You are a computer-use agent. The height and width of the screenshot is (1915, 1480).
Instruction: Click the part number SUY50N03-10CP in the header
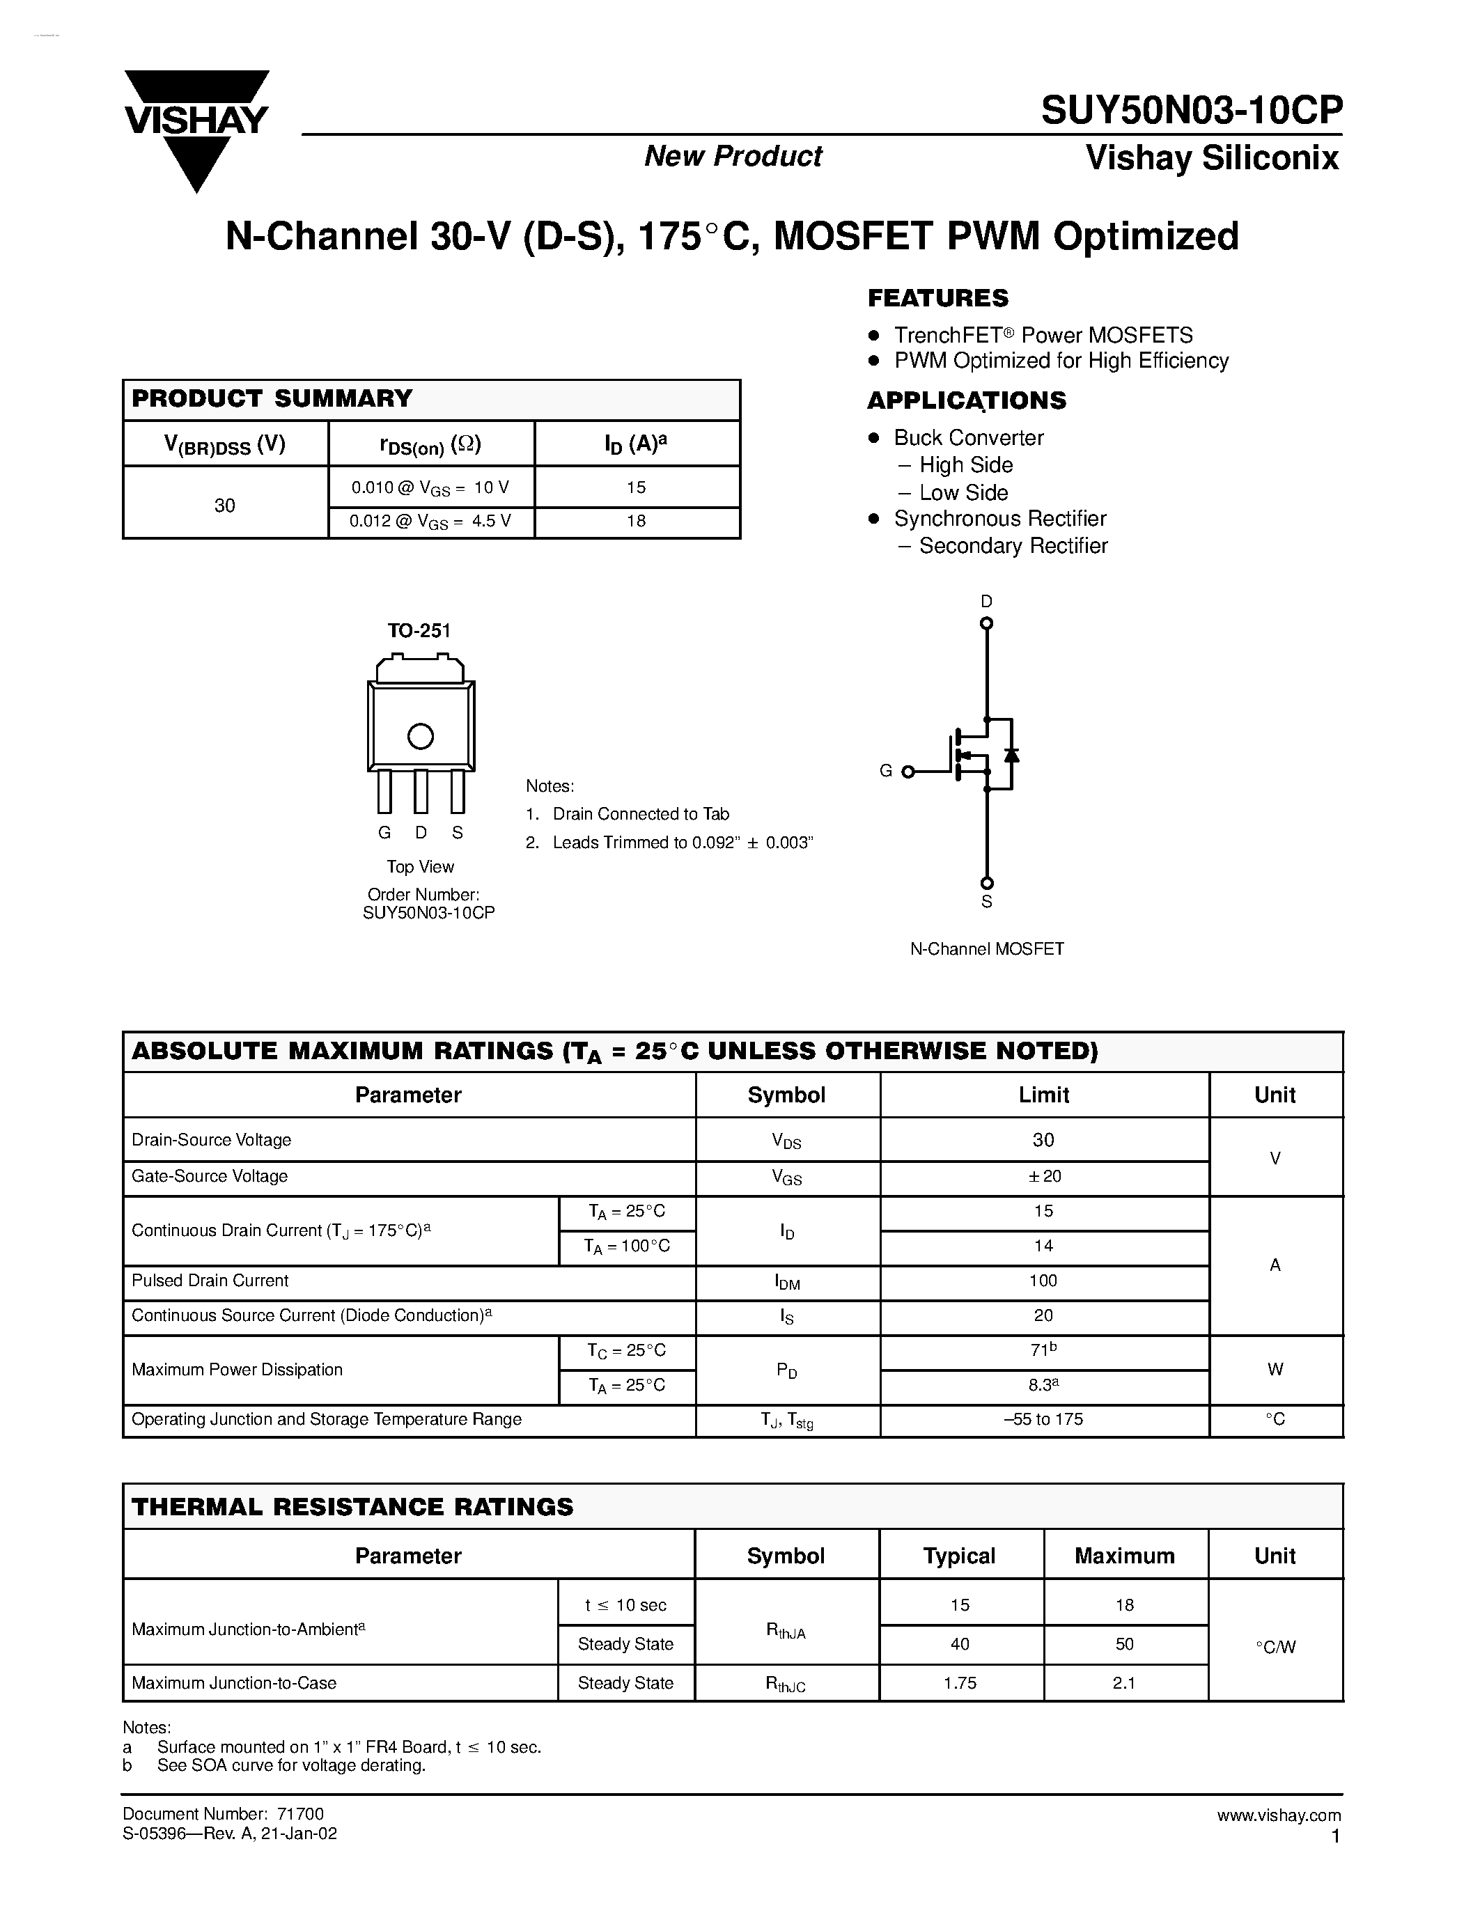coord(1191,111)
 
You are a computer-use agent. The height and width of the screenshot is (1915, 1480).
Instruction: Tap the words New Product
coord(733,156)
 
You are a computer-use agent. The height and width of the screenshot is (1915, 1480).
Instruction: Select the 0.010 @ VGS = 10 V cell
coord(430,487)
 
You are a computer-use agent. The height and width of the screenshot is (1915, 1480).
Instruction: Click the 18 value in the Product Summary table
coord(636,521)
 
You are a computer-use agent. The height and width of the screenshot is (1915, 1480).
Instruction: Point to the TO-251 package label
coord(419,630)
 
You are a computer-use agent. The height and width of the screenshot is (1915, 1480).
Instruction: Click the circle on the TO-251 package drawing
coord(421,737)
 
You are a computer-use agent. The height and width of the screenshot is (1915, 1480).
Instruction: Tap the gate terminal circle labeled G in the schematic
coord(908,772)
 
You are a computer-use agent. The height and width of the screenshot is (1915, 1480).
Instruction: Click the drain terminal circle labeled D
coord(986,623)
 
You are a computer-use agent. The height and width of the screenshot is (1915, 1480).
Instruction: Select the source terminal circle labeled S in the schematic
coord(986,883)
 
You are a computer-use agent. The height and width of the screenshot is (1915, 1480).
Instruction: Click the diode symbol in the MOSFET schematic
coord(1011,755)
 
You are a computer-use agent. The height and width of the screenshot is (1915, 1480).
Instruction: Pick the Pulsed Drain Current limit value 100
coord(1043,1281)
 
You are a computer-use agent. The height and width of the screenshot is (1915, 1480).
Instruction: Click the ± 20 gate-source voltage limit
coord(1043,1177)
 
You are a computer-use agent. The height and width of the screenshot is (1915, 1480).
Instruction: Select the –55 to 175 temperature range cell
coord(1043,1420)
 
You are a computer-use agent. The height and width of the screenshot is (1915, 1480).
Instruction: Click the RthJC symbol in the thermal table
coord(785,1684)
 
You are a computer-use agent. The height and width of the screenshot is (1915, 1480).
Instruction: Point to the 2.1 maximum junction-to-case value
coord(1124,1682)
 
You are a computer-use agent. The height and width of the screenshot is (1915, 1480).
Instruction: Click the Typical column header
coord(959,1556)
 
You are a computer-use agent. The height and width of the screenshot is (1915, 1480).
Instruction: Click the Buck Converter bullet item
coord(968,437)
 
